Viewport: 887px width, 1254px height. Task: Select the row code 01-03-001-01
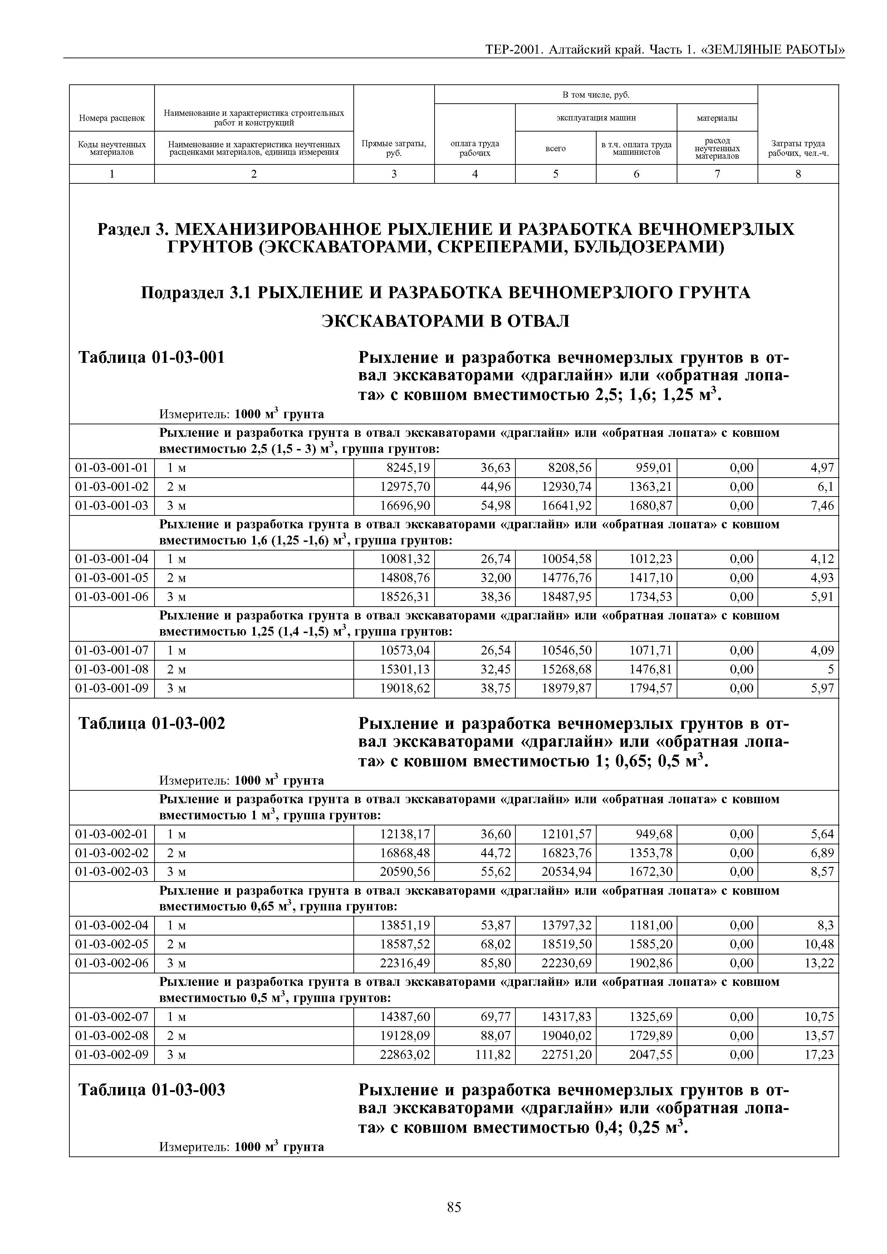pos(112,468)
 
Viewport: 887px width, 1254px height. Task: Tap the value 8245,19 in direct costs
pos(405,468)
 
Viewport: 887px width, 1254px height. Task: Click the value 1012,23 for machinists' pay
pos(650,559)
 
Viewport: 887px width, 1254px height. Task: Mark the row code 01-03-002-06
pos(112,963)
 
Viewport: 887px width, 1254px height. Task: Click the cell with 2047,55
pos(650,1054)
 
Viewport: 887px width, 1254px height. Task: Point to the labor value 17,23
pos(819,1054)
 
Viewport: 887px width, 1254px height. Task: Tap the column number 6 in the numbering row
pos(636,174)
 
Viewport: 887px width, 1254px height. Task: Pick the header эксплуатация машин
pos(596,117)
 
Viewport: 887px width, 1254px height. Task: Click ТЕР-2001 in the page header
pos(513,50)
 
